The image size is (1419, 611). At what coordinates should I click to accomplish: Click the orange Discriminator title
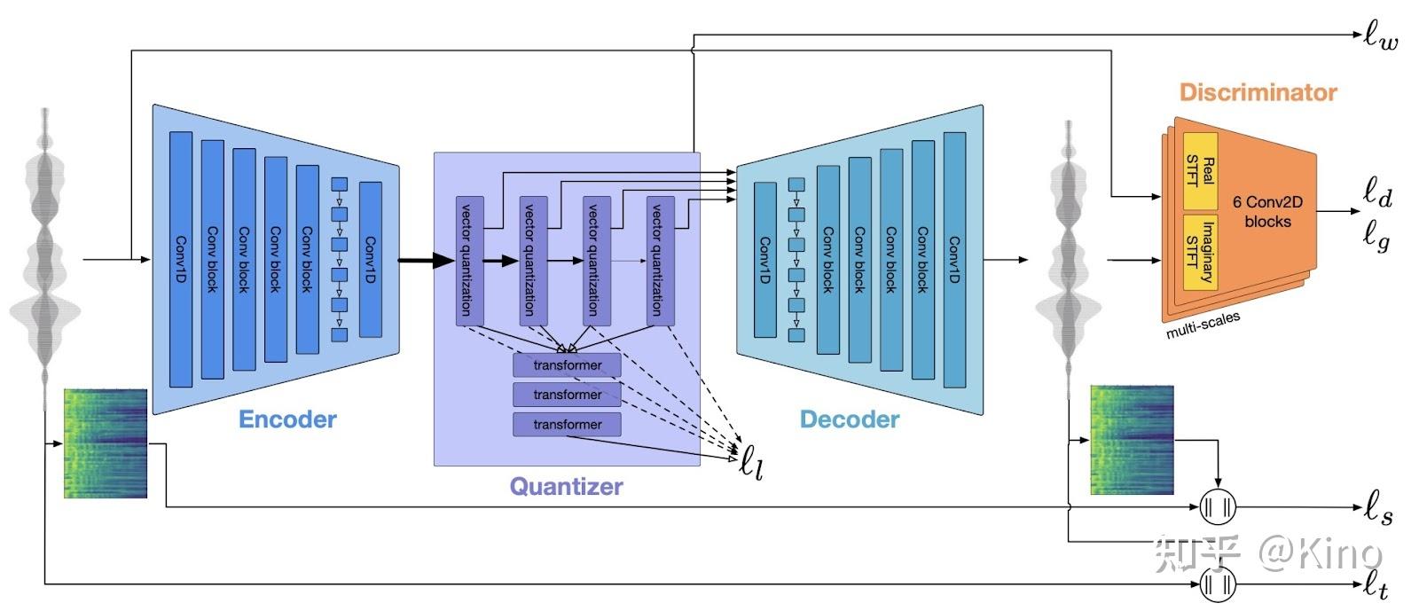point(1258,92)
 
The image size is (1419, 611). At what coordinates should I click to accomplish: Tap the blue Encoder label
point(287,419)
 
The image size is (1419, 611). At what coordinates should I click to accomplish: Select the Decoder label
point(849,419)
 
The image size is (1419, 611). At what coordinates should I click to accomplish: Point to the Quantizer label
point(566,486)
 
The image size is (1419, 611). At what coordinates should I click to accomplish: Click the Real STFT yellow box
point(1200,170)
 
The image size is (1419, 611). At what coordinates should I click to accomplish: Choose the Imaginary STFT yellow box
point(1200,251)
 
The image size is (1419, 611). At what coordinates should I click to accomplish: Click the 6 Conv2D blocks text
point(1267,212)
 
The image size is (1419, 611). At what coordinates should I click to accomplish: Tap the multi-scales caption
point(1203,325)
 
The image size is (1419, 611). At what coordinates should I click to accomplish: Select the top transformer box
point(567,365)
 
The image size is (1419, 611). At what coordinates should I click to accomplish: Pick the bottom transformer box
point(567,425)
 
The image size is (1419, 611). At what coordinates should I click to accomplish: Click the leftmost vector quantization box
point(469,260)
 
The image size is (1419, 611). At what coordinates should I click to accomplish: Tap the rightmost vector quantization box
point(660,260)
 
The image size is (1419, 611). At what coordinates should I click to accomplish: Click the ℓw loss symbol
point(1381,36)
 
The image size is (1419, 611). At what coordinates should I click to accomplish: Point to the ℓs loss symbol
point(1377,509)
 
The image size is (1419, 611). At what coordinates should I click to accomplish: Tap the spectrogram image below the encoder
point(106,443)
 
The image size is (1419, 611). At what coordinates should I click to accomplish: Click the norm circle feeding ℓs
point(1217,508)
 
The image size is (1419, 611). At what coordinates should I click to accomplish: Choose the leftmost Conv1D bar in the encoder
point(180,259)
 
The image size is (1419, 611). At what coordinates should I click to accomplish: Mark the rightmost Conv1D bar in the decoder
point(954,259)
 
